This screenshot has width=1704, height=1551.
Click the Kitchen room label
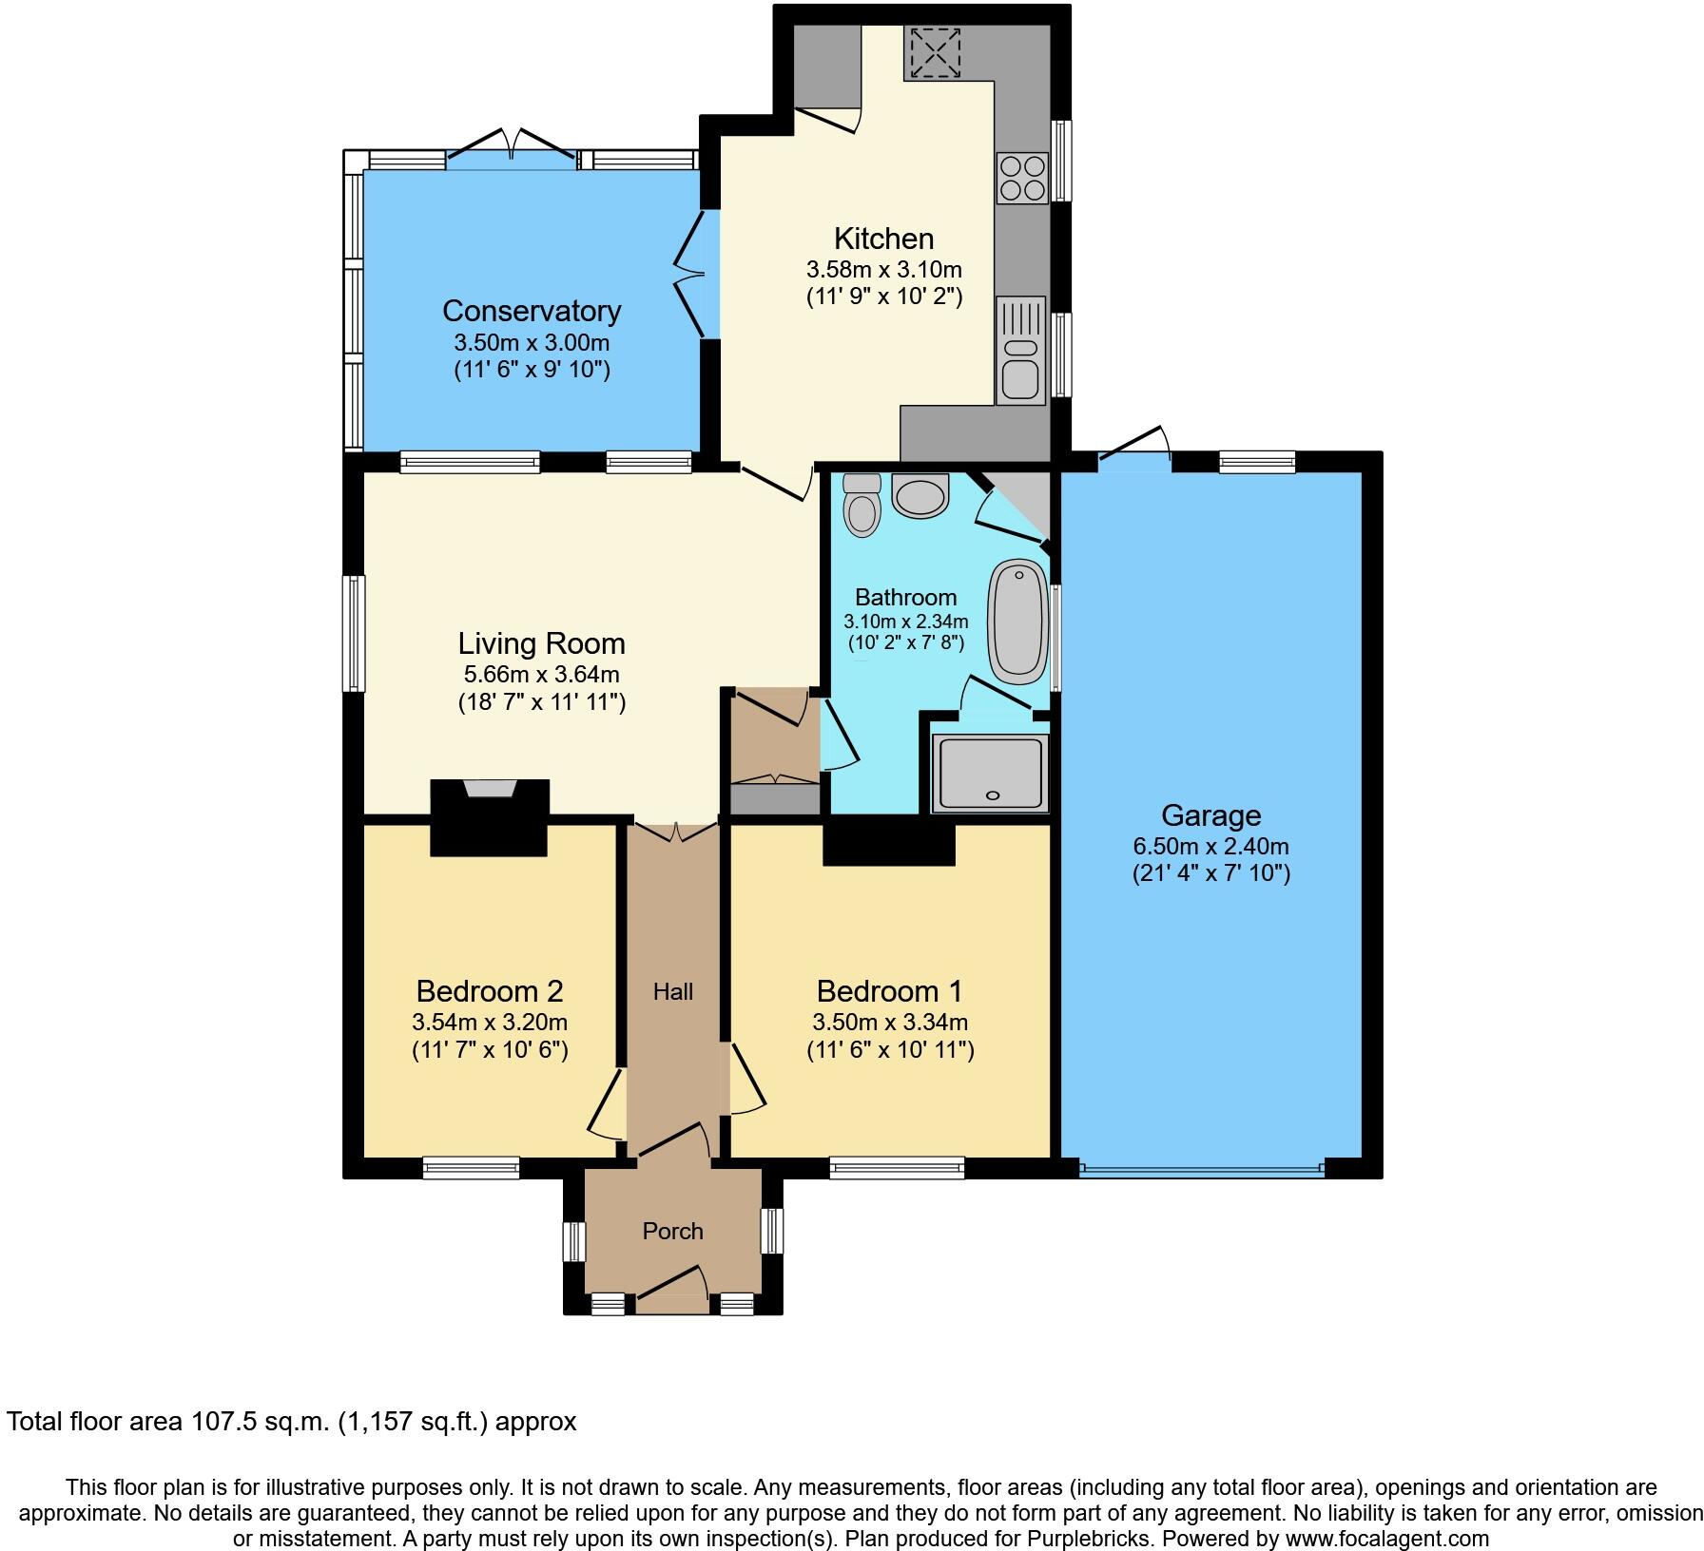[x=883, y=238]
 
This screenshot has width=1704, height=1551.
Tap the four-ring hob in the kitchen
[x=1021, y=178]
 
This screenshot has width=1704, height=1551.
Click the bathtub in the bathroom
[x=1018, y=622]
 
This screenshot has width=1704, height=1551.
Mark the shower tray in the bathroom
[x=991, y=774]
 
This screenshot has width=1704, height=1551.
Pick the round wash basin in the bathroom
[x=920, y=497]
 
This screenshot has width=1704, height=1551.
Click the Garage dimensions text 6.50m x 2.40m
[x=1210, y=846]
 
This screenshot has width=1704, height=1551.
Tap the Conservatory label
[x=532, y=311]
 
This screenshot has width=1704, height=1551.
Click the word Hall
[x=672, y=992]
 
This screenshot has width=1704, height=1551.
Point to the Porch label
[x=672, y=1232]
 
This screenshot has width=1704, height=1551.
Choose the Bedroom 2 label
[x=490, y=991]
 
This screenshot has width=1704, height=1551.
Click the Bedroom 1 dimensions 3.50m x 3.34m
[x=890, y=1023]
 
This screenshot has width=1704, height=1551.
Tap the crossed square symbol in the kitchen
[x=936, y=53]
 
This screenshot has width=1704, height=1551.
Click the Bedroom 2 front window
[x=472, y=1167]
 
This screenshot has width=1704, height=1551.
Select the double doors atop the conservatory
[x=512, y=153]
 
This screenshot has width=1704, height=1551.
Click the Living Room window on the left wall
[x=353, y=632]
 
